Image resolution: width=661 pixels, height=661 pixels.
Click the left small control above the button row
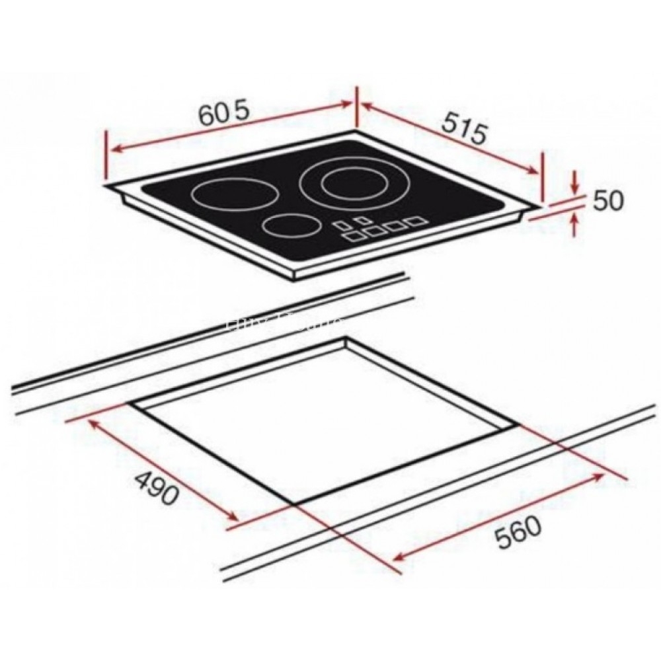pyautogui.click(x=342, y=224)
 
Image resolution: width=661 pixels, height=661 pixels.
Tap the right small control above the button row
pyautogui.click(x=362, y=219)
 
